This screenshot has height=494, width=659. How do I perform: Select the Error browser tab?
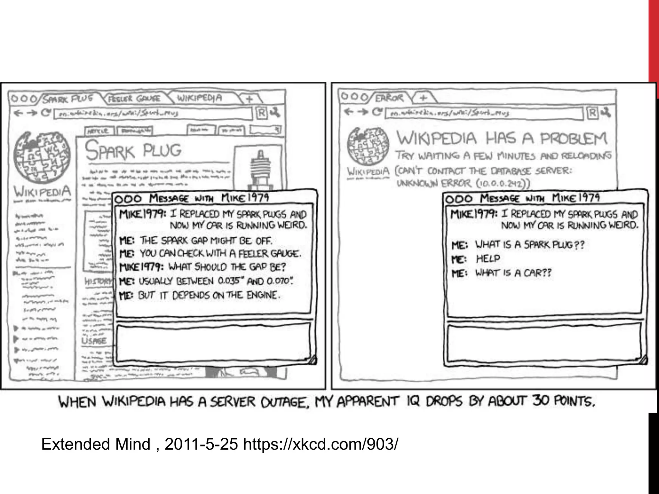coord(389,97)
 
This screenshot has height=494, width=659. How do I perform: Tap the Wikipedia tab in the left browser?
coord(200,98)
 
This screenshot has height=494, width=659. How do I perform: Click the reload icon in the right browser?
coord(376,112)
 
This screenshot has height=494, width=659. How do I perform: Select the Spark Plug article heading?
coord(133,151)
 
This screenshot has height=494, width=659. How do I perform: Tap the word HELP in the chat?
coord(488,259)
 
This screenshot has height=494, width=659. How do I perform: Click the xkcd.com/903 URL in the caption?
coord(320,444)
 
